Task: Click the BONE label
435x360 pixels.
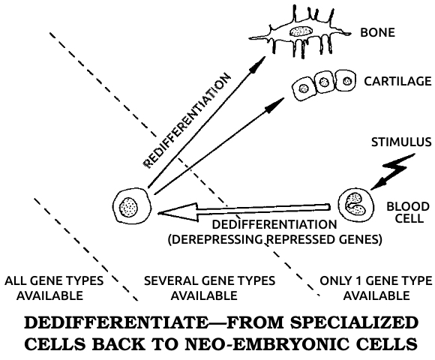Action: pos(377,32)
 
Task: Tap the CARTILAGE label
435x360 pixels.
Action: pos(397,81)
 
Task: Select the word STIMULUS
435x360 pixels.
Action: pos(401,142)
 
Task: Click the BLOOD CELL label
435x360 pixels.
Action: pos(408,212)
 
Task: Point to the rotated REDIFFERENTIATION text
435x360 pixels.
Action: pos(187,121)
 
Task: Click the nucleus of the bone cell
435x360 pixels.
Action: pos(301,31)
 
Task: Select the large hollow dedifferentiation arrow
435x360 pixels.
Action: pos(244,212)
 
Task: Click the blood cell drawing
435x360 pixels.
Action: pos(355,205)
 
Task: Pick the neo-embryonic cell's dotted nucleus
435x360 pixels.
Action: pos(128,207)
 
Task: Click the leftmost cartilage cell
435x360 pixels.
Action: pos(304,88)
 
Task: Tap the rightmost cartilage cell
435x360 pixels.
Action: pos(346,81)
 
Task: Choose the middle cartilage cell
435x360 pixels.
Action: pos(324,82)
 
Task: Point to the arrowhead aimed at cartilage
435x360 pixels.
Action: pos(275,105)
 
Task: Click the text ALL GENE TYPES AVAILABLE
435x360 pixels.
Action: pos(54,288)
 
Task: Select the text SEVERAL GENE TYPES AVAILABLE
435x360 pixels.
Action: pos(209,288)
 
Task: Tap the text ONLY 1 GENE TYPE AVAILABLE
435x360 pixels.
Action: pos(376,288)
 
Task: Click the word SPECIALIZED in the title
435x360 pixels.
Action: pos(354,322)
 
